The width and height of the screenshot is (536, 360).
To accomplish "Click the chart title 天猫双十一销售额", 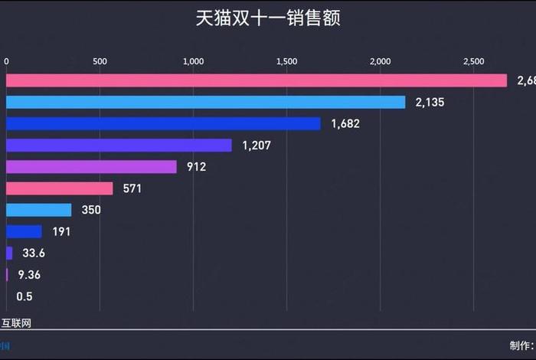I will (x=267, y=18).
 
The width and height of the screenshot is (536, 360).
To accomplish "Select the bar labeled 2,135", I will (x=205, y=102).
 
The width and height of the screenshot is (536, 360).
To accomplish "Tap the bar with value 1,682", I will (x=163, y=123).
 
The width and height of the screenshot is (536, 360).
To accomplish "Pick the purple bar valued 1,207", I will (x=119, y=145).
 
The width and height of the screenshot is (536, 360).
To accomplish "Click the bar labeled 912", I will (x=91, y=166).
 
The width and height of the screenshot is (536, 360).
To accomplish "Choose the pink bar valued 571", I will (x=59, y=188).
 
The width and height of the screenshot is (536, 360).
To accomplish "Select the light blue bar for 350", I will (x=38, y=210).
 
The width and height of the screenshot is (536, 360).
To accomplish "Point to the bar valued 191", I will (x=24, y=231).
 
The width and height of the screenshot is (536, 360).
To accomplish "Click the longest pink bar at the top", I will (x=257, y=80).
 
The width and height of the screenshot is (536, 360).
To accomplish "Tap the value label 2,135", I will (x=430, y=102).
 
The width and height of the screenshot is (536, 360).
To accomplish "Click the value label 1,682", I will (x=345, y=123).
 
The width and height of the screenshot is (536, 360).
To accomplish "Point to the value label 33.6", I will (x=30, y=253).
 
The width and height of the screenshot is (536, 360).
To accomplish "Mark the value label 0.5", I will (x=24, y=296).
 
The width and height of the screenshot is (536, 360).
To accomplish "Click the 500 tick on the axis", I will (x=100, y=61).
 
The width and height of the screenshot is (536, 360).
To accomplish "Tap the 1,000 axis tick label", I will (x=193, y=61).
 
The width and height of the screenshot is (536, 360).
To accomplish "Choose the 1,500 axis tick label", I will (x=286, y=61).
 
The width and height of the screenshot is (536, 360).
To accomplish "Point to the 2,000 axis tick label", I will (x=380, y=61).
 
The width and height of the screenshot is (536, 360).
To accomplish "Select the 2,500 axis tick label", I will (x=473, y=61).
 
